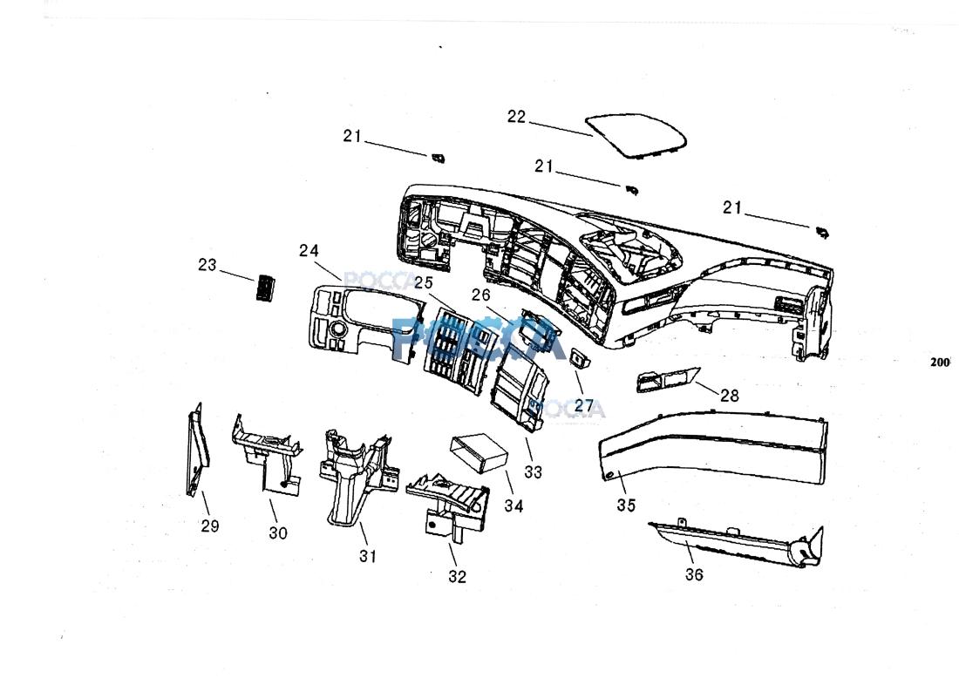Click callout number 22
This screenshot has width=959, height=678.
[x=517, y=117]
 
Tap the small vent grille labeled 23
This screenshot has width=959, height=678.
[x=262, y=287]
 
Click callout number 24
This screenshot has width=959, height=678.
[x=309, y=251]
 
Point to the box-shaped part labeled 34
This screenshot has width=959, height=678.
[x=479, y=455]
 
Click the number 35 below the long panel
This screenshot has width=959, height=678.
[x=626, y=505]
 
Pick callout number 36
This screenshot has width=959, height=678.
[x=694, y=574]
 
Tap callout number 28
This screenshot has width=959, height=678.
[x=729, y=396]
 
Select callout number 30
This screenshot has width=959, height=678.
[x=277, y=532]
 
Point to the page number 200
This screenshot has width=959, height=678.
[x=939, y=363]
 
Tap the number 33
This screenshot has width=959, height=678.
[x=534, y=471]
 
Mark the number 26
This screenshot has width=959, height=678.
[x=481, y=295]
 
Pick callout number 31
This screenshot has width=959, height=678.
[x=368, y=555]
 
